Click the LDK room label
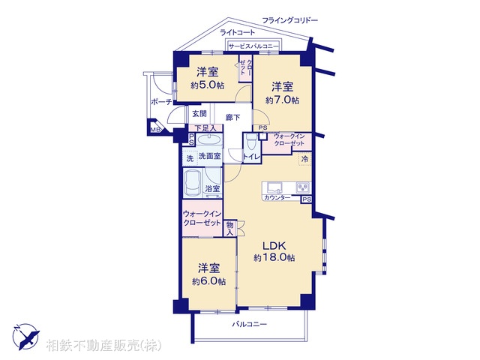pyautogui.click(x=274, y=245)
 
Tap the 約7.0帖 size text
pyautogui.click(x=282, y=100)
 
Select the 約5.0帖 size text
pyautogui.click(x=208, y=85)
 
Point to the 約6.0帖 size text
pyautogui.click(x=208, y=281)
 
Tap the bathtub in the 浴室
pyautogui.click(x=193, y=183)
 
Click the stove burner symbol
pyautogui.click(x=303, y=187)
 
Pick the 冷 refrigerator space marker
pyautogui.click(x=305, y=159)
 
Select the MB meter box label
pyautogui.click(x=155, y=130)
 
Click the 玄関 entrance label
pyautogui.click(x=199, y=114)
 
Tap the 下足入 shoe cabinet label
pyautogui.click(x=205, y=128)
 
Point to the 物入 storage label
pyautogui.click(x=230, y=228)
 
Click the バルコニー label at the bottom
pyautogui.click(x=250, y=324)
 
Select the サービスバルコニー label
pyautogui.click(x=253, y=46)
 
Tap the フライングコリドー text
pyautogui.click(x=290, y=20)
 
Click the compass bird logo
pyautogui.click(x=25, y=337)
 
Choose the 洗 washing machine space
pyautogui.click(x=190, y=158)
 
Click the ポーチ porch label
pyautogui.click(x=161, y=102)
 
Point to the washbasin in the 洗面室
pyautogui.click(x=209, y=140)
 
